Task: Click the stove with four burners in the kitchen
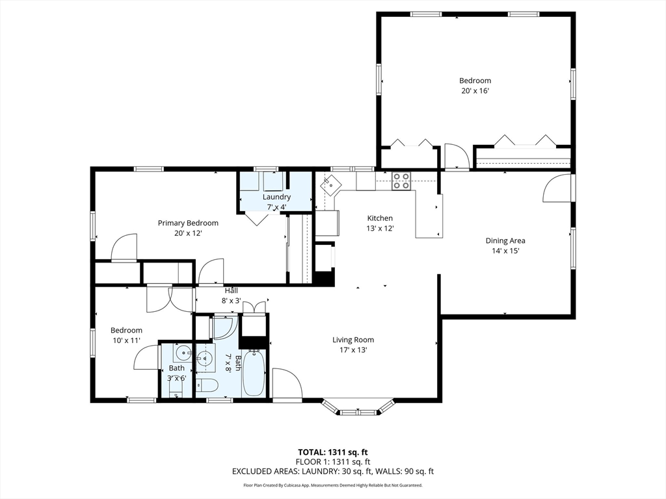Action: point(401,180)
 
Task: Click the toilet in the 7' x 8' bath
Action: point(207,385)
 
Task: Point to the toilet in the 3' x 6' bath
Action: point(176,389)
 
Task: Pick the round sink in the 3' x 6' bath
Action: point(183,355)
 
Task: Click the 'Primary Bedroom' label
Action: point(188,223)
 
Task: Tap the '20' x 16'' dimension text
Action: point(475,91)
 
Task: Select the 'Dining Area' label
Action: point(505,240)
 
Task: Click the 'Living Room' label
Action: point(353,340)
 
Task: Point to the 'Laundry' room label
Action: point(276,197)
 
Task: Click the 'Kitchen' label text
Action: point(380,218)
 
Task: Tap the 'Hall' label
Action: point(231,290)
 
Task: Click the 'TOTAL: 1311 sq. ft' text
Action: point(333,452)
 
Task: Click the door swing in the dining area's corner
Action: point(557,190)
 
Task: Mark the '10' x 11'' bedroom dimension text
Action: point(126,340)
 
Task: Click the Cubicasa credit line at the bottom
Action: point(333,485)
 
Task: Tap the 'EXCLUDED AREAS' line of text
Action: point(333,472)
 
